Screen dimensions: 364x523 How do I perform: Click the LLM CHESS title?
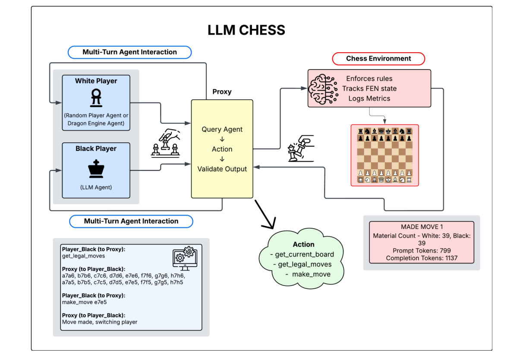246,30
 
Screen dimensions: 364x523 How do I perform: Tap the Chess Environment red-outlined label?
378,59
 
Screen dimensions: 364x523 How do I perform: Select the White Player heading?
96,81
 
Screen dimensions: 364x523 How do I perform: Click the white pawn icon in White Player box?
96,98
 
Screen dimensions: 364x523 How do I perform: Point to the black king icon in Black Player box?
96,169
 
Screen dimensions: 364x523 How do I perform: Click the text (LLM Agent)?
96,187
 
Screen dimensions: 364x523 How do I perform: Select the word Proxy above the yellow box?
222,92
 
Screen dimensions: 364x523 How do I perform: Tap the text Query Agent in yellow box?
222,129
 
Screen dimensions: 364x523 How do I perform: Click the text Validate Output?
222,169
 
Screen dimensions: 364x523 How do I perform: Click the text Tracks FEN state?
369,88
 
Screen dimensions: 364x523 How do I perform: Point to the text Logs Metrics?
369,98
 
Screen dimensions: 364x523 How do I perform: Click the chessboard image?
384,155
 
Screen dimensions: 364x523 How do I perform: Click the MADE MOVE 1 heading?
422,227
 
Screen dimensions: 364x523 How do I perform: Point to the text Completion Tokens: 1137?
422,258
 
